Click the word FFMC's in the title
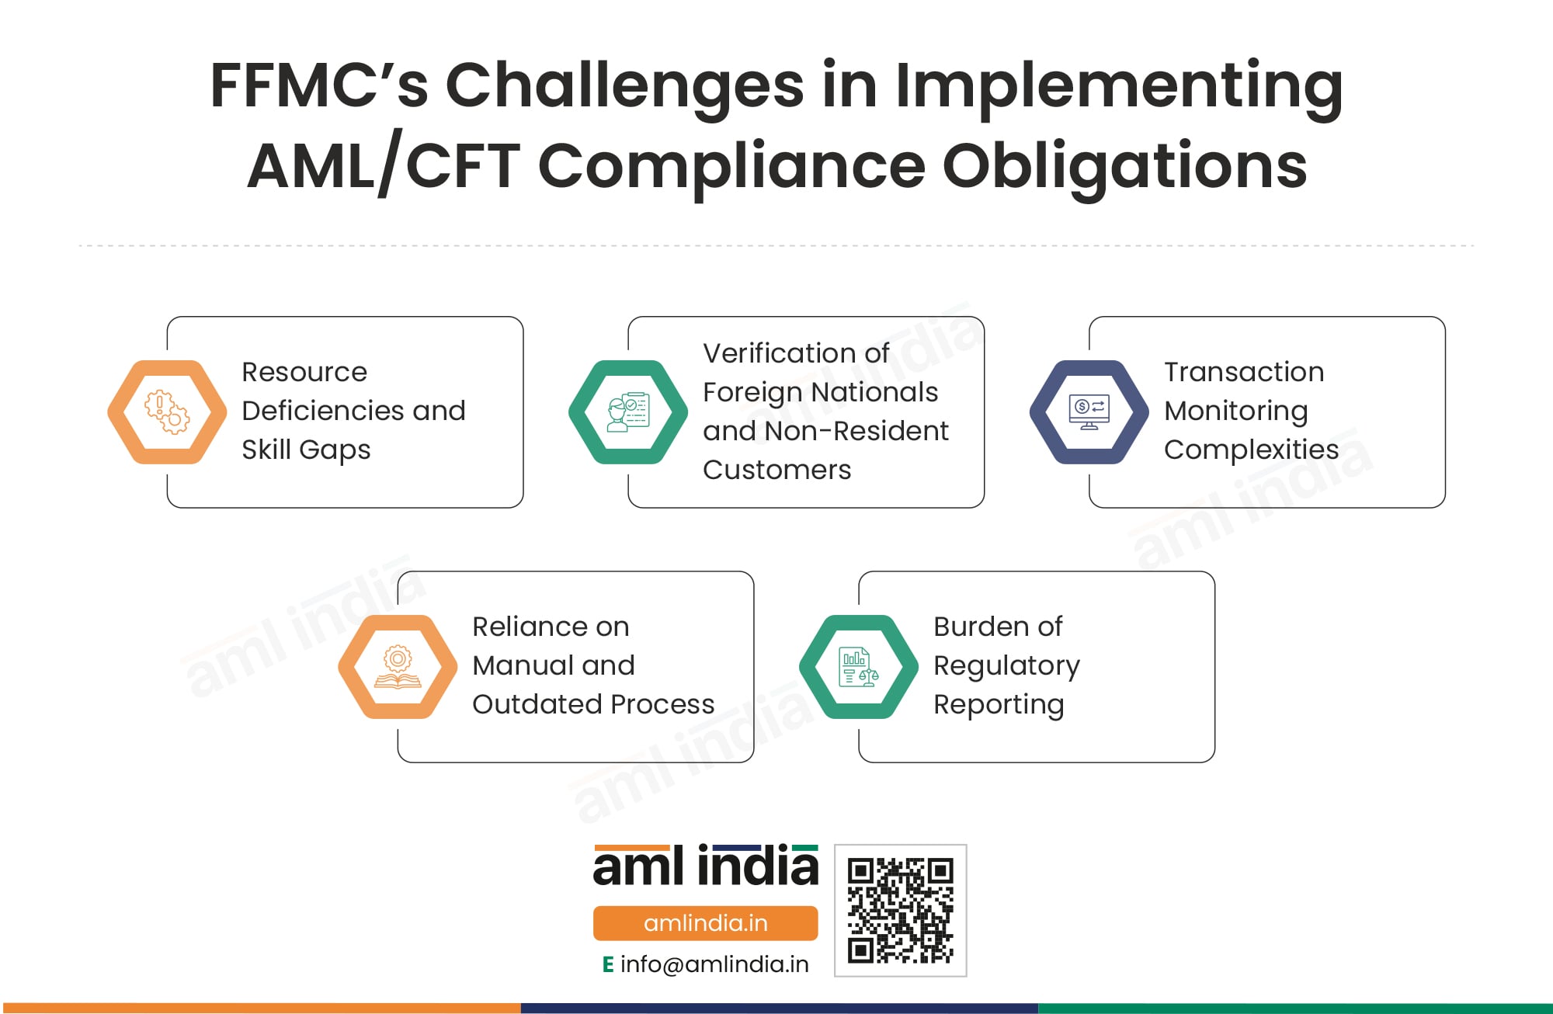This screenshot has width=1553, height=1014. (318, 85)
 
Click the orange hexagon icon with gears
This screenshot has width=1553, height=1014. (167, 412)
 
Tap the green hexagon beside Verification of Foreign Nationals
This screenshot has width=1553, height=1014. (627, 412)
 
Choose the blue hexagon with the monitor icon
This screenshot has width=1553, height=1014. (1089, 412)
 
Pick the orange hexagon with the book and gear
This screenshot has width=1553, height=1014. (398, 667)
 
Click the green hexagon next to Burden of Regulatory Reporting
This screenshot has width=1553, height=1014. (858, 667)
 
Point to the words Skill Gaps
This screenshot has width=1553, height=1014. (306, 450)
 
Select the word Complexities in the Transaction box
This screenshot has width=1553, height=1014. (1251, 450)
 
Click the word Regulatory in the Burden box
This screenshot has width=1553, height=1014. (1006, 666)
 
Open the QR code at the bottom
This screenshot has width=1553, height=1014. (900, 910)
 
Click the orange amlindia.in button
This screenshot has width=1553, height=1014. (705, 923)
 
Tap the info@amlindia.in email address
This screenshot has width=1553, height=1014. (714, 964)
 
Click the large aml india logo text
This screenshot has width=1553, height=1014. (705, 866)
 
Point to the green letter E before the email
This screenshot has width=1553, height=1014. (608, 964)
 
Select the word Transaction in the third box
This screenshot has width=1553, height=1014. (1243, 372)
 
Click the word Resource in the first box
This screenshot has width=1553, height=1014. (304, 372)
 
